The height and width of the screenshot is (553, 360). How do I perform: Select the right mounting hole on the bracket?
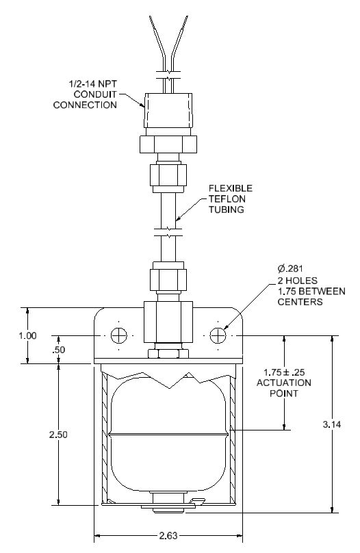click(x=218, y=336)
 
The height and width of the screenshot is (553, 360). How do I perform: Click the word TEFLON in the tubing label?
click(x=226, y=199)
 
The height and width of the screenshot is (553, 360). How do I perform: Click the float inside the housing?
click(x=168, y=435)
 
